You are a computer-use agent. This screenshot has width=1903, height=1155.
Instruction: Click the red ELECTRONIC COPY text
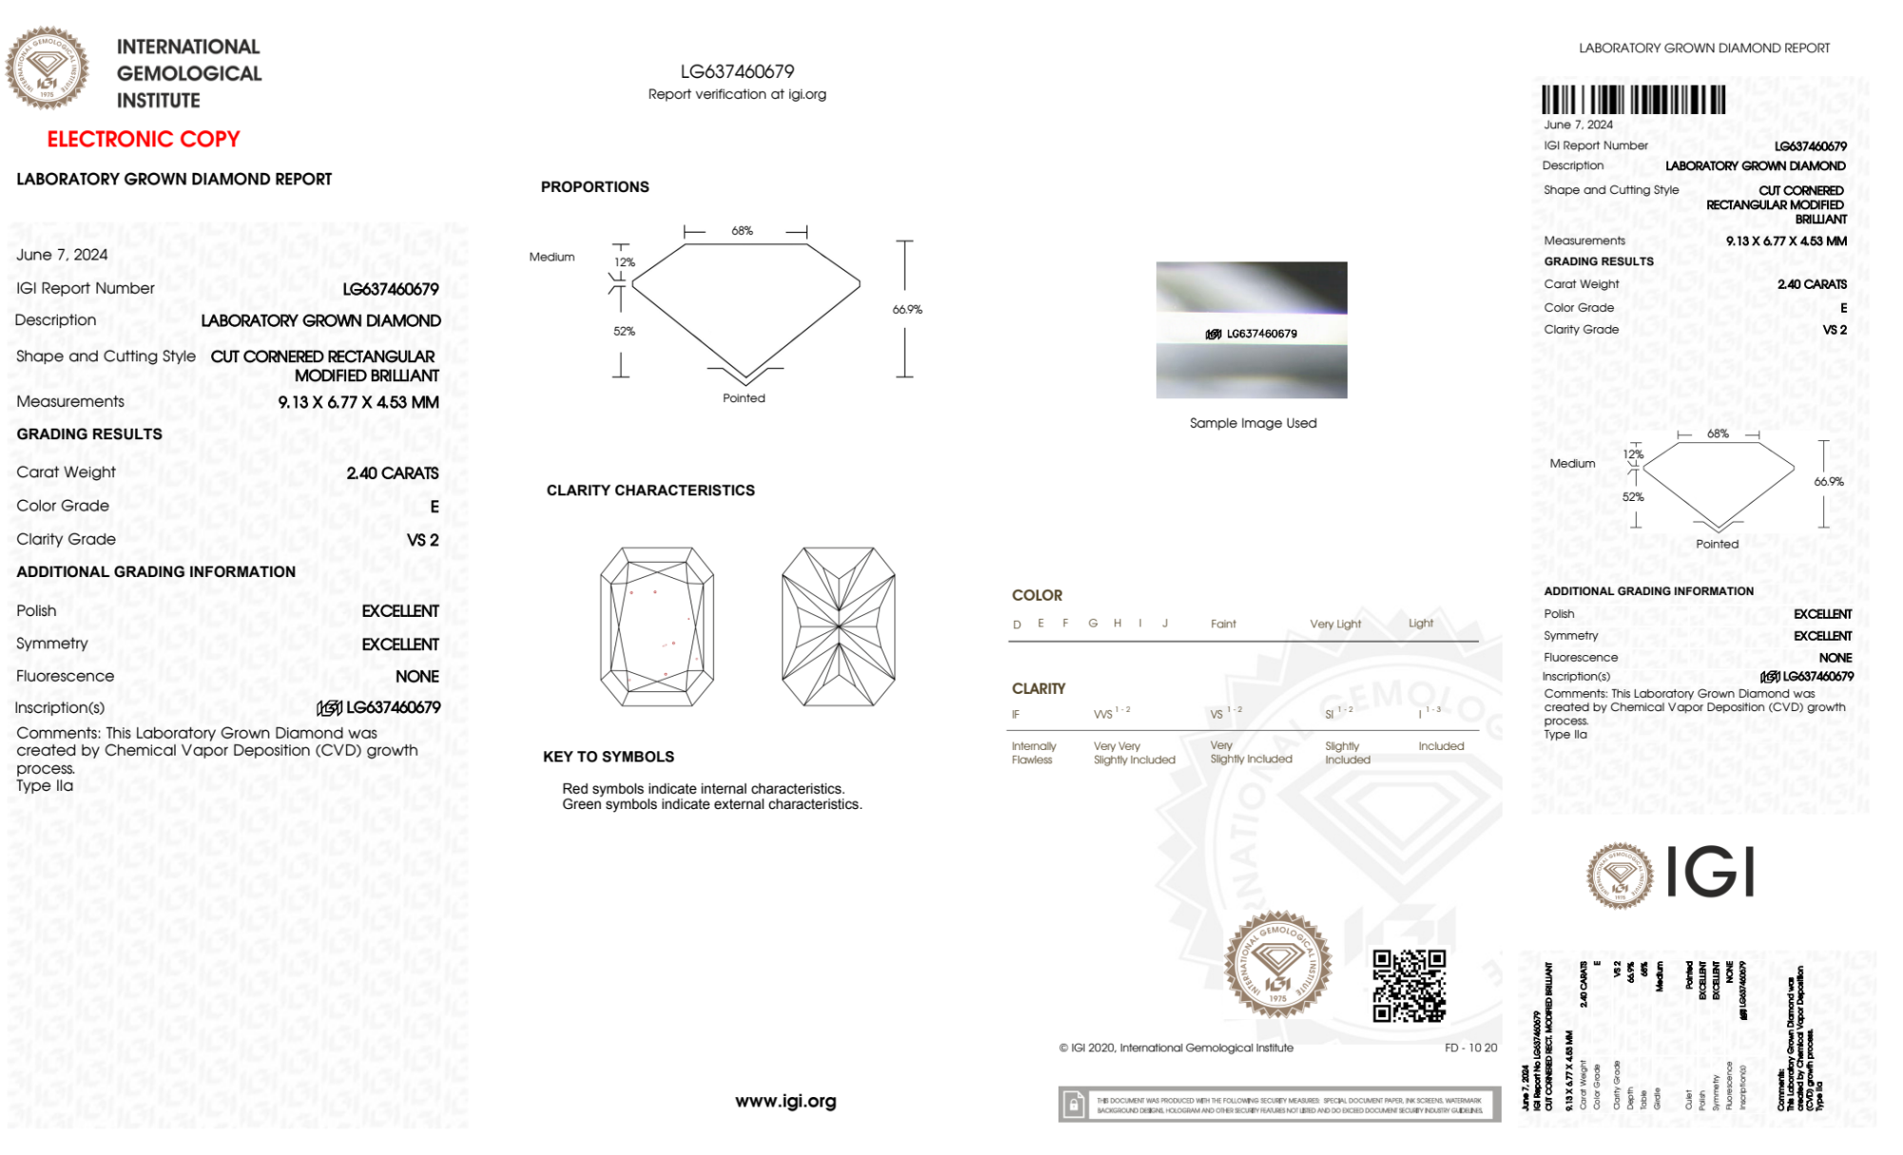[x=144, y=140]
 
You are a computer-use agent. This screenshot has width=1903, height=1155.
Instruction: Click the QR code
[x=1408, y=986]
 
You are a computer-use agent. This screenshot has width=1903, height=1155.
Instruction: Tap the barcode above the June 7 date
[x=1633, y=100]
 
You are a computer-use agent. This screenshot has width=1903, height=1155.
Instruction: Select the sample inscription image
[x=1252, y=330]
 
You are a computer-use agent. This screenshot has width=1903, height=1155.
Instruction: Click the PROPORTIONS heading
[x=594, y=187]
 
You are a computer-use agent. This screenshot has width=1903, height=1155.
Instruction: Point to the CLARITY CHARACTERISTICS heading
[x=651, y=491]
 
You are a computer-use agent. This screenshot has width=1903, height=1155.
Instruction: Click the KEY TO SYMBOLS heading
[x=609, y=757]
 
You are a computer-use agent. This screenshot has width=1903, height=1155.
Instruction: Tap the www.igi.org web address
[x=786, y=1101]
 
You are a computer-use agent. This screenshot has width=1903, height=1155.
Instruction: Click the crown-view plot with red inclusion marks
[x=656, y=626]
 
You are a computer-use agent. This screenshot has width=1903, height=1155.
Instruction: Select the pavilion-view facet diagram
[x=838, y=626]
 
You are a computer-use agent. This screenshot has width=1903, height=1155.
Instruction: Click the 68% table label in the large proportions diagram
[x=742, y=231]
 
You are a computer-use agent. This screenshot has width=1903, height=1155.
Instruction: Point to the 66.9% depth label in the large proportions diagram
[x=907, y=310]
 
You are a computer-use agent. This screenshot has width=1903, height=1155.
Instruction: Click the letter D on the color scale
[x=1017, y=625]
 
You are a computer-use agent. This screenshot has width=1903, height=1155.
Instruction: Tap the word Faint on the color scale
[x=1223, y=625]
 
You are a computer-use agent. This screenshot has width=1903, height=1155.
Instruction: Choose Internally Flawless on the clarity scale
[x=1033, y=753]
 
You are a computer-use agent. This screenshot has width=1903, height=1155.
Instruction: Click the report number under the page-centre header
[x=737, y=71]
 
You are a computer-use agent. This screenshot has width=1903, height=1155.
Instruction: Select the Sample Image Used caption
[x=1252, y=423]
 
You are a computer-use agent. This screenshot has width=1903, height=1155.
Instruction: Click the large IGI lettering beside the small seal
[x=1711, y=873]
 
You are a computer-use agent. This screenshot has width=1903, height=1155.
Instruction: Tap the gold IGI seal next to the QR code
[x=1277, y=965]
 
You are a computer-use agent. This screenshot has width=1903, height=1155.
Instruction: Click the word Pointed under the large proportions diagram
[x=744, y=398]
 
